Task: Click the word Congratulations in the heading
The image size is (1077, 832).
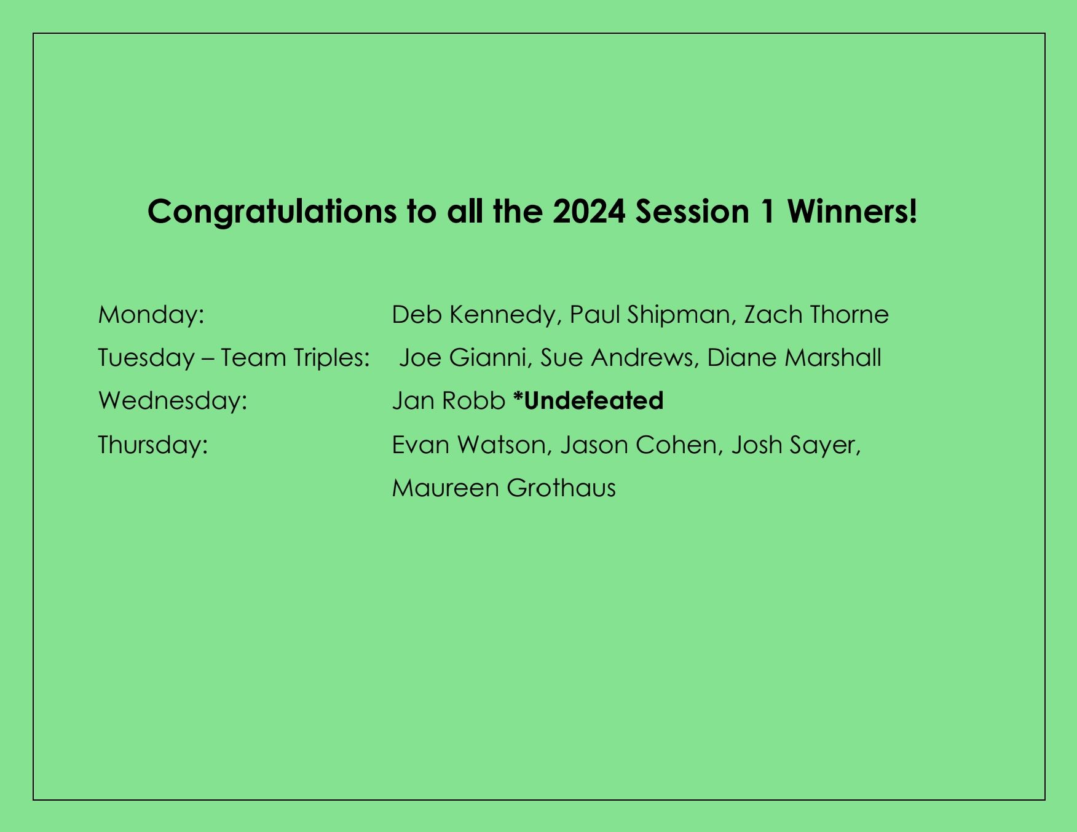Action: [x=272, y=212]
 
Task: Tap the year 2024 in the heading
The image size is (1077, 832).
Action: [x=588, y=212]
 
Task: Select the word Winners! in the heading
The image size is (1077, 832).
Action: [x=852, y=212]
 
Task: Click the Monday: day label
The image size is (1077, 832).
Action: [x=151, y=315]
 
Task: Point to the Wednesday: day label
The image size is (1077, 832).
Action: [x=173, y=401]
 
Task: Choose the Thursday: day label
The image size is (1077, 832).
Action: [x=153, y=445]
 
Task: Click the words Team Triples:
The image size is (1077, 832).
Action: [x=295, y=358]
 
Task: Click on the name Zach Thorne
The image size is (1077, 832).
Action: [x=816, y=315]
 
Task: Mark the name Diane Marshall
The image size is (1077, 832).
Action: [x=794, y=358]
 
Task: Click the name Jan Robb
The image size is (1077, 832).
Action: [x=448, y=401]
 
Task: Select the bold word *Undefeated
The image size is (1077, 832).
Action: [x=588, y=401]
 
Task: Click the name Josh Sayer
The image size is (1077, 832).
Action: [x=794, y=445]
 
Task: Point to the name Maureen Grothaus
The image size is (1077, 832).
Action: [x=503, y=488]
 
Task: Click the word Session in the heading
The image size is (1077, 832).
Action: [x=692, y=212]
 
